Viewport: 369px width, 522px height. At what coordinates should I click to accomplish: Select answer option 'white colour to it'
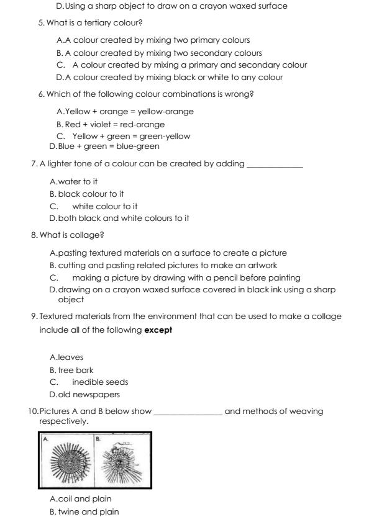(104, 206)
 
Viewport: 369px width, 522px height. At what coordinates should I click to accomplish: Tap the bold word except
(158, 330)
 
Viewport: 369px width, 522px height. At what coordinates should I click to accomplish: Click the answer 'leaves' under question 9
(70, 358)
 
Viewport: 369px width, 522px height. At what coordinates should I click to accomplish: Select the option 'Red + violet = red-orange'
(106, 124)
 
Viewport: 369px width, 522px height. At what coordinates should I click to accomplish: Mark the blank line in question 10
(187, 413)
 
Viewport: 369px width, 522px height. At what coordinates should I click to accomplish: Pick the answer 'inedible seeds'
(100, 382)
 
